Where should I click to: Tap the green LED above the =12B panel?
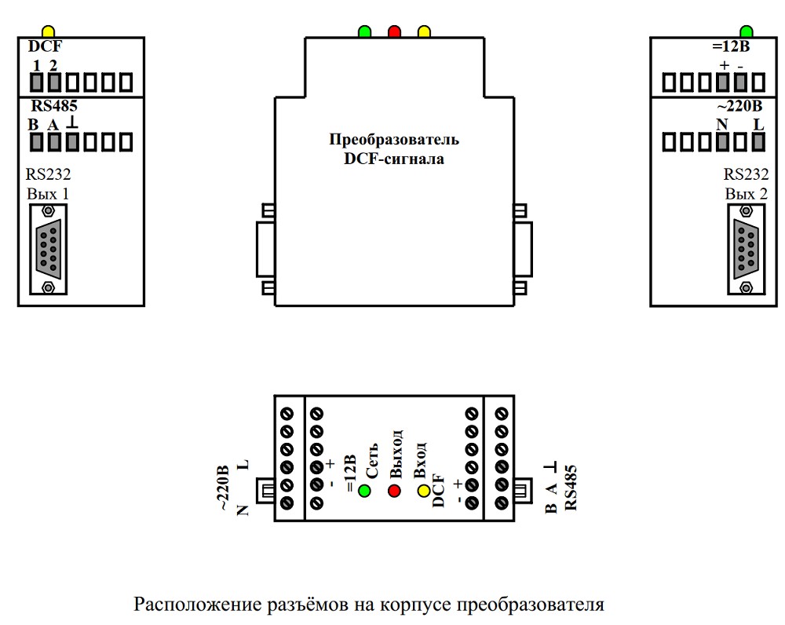click(746, 31)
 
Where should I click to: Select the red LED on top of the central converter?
click(394, 32)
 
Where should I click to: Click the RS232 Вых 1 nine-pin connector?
click(49, 248)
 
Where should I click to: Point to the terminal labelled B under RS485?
click(36, 142)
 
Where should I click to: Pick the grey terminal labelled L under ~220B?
click(759, 142)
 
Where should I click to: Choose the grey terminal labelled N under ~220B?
click(722, 142)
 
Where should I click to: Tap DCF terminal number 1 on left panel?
click(36, 81)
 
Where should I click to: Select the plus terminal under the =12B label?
click(722, 81)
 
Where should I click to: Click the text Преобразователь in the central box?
click(393, 141)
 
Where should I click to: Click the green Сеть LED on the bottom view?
click(364, 492)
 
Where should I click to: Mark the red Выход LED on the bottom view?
click(394, 492)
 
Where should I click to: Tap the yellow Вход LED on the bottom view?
click(424, 492)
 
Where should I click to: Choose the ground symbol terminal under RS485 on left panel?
click(72, 142)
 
